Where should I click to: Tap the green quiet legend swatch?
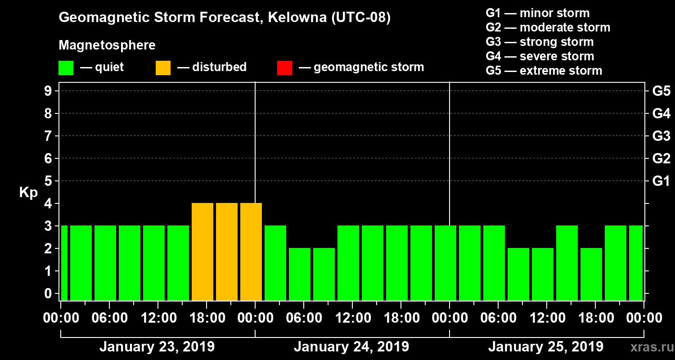pyautogui.click(x=66, y=68)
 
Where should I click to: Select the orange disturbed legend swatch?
pyautogui.click(x=163, y=68)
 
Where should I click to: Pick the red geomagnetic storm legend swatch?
pyautogui.click(x=284, y=68)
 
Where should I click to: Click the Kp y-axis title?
pyautogui.click(x=28, y=192)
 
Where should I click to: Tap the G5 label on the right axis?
pyautogui.click(x=661, y=91)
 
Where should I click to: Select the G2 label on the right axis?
pyautogui.click(x=661, y=159)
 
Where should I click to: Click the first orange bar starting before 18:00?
pyautogui.click(x=202, y=252)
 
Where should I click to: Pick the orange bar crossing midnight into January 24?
pyautogui.click(x=251, y=252)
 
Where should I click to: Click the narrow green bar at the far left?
pyautogui.click(x=64, y=263)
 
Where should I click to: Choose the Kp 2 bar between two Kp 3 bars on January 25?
pyautogui.click(x=591, y=274)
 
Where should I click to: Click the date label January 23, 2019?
pyautogui.click(x=157, y=347)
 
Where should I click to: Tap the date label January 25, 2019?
pyautogui.click(x=546, y=347)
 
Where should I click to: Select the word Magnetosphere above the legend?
pyautogui.click(x=107, y=45)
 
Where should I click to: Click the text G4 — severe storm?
pyautogui.click(x=540, y=56)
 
